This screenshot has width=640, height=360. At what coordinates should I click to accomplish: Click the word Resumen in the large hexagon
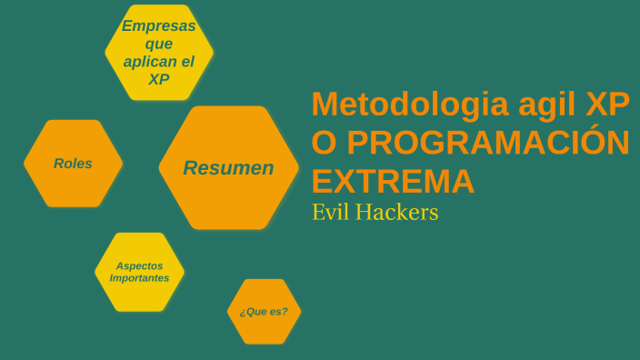(228, 168)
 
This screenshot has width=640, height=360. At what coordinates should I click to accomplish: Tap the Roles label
(73, 164)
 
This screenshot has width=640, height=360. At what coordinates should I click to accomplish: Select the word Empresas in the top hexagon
(159, 25)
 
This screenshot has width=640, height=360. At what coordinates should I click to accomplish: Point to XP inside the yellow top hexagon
(159, 79)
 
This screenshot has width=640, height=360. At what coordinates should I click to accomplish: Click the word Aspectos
(139, 265)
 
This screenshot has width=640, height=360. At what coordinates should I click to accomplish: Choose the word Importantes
(139, 278)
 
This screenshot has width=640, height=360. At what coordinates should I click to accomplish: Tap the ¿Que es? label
(264, 312)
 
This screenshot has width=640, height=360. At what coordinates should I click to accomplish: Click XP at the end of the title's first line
(606, 104)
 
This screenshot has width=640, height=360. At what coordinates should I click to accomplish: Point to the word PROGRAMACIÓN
(488, 143)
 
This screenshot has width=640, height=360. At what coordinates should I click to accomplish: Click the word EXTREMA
(393, 181)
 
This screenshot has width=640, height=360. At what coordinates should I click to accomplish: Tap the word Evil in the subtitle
(330, 213)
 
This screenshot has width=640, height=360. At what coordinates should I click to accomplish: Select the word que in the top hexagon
(159, 44)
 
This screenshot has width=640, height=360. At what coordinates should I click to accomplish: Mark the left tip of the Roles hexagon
(25, 164)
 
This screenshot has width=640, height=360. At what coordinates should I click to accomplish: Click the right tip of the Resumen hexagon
(297, 168)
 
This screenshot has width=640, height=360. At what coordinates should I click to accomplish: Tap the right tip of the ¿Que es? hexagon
(300, 312)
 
